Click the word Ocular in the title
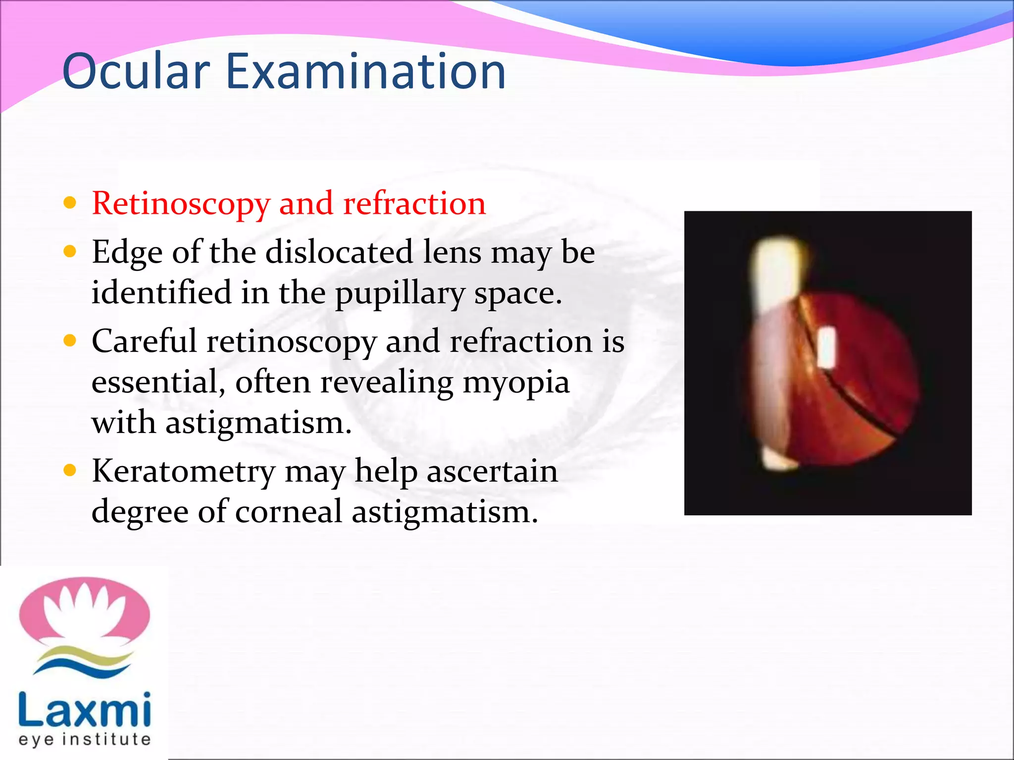[x=136, y=72]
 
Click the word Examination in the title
[x=365, y=72]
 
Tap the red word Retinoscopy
[x=181, y=204]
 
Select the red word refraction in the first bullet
[x=414, y=204]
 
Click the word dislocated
[x=339, y=252]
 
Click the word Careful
[x=144, y=341]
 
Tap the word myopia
[x=515, y=383]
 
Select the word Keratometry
[x=183, y=472]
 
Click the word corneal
[x=289, y=512]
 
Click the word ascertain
[x=492, y=471]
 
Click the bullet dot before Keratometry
[x=70, y=470]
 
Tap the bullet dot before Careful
[x=70, y=340]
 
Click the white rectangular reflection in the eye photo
[x=826, y=347]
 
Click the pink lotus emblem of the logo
[x=84, y=612]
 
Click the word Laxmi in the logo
[x=84, y=711]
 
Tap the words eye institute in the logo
[x=84, y=740]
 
